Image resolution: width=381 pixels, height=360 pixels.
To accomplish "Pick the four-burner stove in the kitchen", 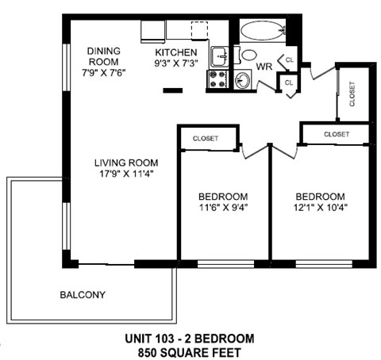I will pos(217,79).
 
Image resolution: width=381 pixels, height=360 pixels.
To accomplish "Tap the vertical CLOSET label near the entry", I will pos(352,94).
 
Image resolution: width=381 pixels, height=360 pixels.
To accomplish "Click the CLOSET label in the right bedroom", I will pos(337,134).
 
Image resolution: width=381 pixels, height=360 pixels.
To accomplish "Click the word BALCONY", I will pos(83,295).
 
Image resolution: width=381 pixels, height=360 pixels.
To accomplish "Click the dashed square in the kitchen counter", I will pos(199,30).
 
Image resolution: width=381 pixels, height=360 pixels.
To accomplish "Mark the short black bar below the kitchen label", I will pos(172,90).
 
